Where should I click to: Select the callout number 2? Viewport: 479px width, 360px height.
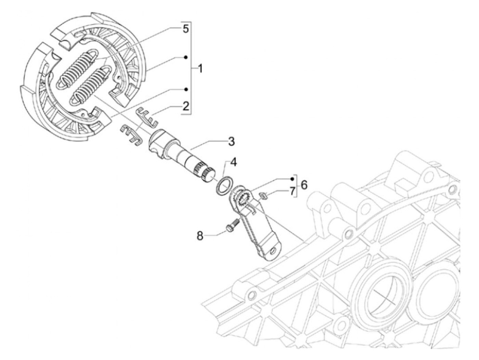tap(186, 106)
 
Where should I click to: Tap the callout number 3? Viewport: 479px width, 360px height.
tap(231, 141)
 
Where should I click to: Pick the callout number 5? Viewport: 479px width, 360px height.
tap(185, 29)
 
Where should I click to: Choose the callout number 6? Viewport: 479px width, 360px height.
tap(304, 185)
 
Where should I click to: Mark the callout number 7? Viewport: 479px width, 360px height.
tap(292, 191)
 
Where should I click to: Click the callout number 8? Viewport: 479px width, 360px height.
tap(200, 235)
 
